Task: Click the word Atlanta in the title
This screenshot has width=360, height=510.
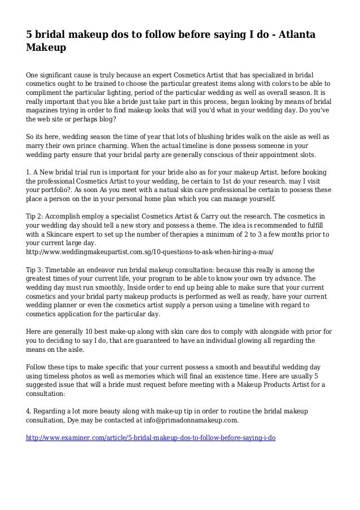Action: click(291, 36)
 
